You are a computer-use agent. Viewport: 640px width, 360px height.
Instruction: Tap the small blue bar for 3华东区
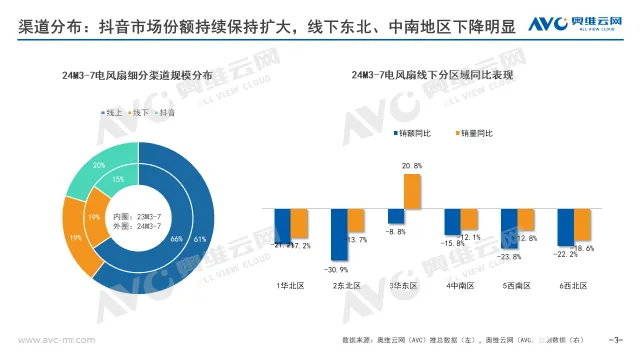pyautogui.click(x=395, y=215)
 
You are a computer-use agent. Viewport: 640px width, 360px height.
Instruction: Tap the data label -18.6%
pyautogui.click(x=583, y=247)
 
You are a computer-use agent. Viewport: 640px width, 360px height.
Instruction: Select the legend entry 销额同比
pyautogui.click(x=416, y=132)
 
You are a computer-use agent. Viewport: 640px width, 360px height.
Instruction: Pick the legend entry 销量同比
pyautogui.click(x=476, y=132)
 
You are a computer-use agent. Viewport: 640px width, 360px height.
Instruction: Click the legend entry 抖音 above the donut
pyautogui.click(x=163, y=113)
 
